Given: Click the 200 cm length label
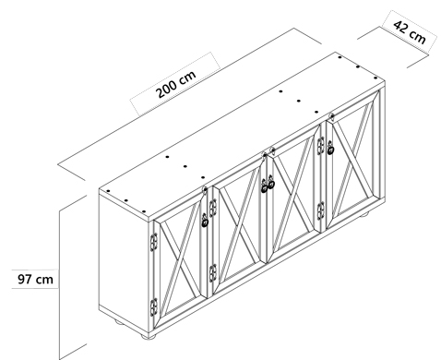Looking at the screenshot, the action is tap(176, 84).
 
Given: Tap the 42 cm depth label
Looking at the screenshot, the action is tap(410, 31).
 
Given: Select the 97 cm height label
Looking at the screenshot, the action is tap(35, 280).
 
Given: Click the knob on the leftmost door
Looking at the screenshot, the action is tap(205, 221).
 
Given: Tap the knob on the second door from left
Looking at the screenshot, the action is tap(264, 186).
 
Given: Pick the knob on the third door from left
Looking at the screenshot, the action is tap(271, 182).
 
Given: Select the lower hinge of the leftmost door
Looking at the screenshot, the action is tap(154, 306).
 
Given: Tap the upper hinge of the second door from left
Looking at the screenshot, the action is tap(213, 208).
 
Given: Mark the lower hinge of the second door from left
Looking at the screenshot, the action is tap(213, 273).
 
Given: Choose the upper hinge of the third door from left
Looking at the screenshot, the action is tap(320, 145).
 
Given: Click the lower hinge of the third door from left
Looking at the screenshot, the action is tap(320, 210).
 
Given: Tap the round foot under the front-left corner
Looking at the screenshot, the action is tap(149, 336).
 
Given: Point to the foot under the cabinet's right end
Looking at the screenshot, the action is tap(364, 215).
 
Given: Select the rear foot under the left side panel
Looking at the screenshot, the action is tap(119, 322).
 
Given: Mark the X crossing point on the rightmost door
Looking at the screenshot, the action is tap(352, 159).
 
